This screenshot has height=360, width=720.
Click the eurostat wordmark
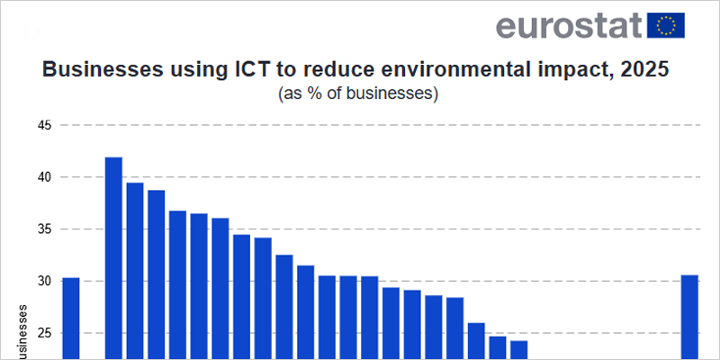tap(568, 25)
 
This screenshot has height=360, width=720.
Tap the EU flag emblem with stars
tap(666, 25)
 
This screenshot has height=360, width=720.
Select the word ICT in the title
tap(230, 70)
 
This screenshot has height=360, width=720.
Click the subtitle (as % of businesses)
tap(359, 93)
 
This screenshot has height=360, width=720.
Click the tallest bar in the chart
tap(113, 261)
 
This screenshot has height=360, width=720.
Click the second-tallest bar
tap(135, 270)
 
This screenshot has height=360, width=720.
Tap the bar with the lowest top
tap(518, 350)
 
